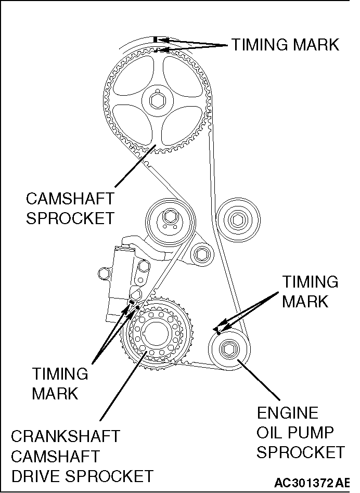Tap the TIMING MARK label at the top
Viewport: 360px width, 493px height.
[285, 45]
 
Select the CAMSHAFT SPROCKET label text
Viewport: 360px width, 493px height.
[70, 208]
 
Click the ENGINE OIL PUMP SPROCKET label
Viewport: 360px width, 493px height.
[300, 433]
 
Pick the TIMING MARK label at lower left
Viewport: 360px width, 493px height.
[60, 383]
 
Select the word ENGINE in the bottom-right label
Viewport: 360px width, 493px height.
[287, 413]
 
